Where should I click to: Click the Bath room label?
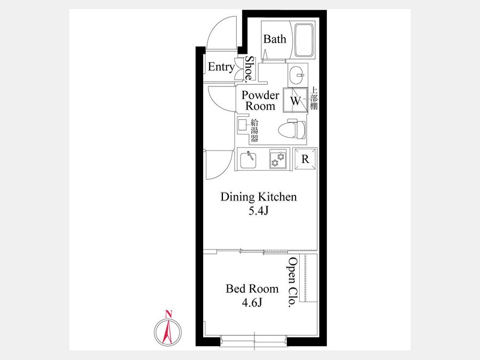point(275,39)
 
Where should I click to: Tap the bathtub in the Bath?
point(304,41)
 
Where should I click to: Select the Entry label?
point(221,67)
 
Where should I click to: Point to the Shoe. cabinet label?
point(250,69)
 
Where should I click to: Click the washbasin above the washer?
point(298,75)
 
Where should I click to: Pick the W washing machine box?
point(295,100)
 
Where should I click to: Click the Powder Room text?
point(260,100)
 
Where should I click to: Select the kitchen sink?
point(248,159)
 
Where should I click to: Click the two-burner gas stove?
point(278,159)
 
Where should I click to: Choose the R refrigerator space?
point(305,158)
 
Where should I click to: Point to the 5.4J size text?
point(258,211)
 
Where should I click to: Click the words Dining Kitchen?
point(259,197)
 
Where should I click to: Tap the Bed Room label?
point(252,289)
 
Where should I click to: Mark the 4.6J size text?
point(252,302)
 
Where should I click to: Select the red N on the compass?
point(168,314)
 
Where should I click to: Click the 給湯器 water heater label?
point(254,131)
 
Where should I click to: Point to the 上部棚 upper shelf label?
point(314,98)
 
